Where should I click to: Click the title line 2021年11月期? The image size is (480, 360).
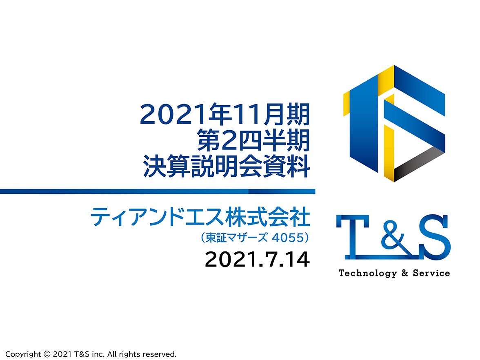click(x=224, y=114)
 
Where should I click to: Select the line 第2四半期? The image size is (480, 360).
click(x=253, y=140)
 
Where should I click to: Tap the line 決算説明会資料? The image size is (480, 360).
click(x=227, y=167)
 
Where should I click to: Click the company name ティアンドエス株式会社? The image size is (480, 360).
click(x=200, y=217)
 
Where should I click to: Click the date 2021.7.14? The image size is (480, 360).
click(x=257, y=260)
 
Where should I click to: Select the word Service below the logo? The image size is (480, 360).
click(x=431, y=273)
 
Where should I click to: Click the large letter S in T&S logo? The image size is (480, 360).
click(x=435, y=237)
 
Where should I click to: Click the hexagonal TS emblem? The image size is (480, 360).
click(x=394, y=123)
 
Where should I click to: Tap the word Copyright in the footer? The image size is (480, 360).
click(x=23, y=354)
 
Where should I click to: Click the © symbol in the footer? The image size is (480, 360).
click(x=47, y=354)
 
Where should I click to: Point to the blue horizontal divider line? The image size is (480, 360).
click(x=158, y=191)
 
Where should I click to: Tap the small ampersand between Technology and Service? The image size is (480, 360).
click(x=405, y=273)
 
